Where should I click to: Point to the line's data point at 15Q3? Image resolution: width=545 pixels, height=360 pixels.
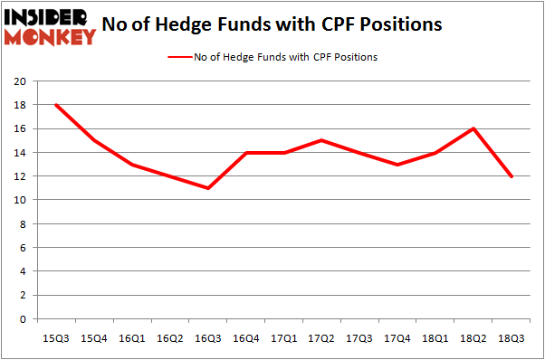pos(57,105)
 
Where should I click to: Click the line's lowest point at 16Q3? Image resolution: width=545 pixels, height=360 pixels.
pos(208,188)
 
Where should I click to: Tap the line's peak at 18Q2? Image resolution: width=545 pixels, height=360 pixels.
pos(473,128)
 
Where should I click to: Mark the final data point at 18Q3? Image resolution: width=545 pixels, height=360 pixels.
pos(512,176)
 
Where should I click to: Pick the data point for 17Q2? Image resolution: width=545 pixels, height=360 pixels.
pos(322,140)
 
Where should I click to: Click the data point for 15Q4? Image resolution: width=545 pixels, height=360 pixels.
pos(95,140)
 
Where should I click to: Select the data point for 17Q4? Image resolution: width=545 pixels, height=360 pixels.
pos(397,165)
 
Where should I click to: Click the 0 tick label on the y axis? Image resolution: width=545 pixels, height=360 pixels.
pos(22,319)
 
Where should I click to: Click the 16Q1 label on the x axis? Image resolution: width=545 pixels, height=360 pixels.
pos(133,337)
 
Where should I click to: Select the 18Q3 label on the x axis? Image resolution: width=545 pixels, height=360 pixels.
pos(512,337)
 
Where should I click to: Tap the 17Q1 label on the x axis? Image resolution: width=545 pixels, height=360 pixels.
pos(284,337)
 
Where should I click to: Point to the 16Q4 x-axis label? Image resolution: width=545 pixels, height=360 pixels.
pos(246,337)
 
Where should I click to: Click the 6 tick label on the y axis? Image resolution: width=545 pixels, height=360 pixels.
pos(22,248)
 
